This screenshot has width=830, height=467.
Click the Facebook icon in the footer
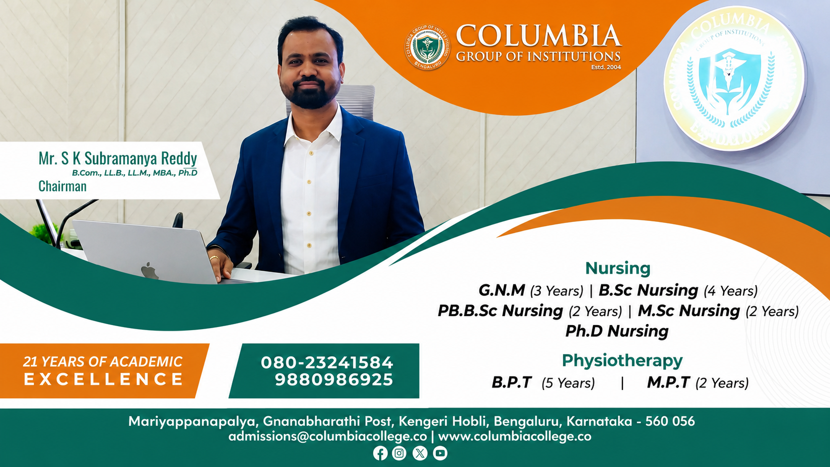[380, 453]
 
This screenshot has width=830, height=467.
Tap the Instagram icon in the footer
[399, 453]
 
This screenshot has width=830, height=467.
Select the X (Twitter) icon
[420, 453]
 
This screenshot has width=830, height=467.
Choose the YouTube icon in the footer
[440, 453]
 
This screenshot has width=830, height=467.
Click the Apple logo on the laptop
[149, 270]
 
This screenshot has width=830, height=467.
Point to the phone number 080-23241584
[327, 363]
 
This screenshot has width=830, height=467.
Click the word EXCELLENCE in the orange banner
[103, 379]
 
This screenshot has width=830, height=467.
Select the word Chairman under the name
[63, 186]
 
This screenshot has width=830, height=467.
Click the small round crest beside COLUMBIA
[427, 48]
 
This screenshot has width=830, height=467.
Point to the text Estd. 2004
[606, 67]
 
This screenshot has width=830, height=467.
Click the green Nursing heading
[618, 268]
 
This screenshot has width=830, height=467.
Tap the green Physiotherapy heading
[622, 361]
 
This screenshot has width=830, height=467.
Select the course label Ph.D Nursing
[617, 331]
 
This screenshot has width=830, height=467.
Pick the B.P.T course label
[512, 383]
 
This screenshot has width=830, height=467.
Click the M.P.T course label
[669, 383]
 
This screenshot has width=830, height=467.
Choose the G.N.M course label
[502, 290]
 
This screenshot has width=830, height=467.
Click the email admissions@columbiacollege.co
[328, 437]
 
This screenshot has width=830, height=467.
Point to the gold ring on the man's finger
[214, 258]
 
